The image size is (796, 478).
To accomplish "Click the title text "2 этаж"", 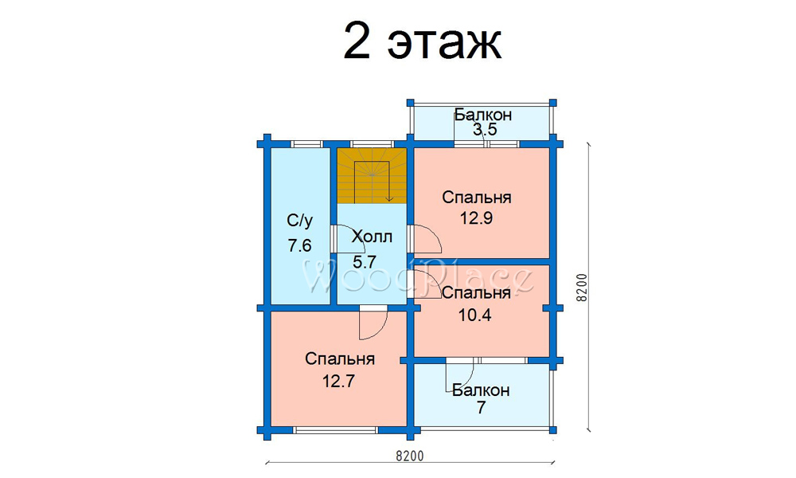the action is pos(423,41).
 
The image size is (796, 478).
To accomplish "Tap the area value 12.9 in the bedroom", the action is pos(477,218).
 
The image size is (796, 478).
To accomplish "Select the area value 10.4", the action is pos(475,315).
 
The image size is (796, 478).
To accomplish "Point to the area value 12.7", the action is pos(339,381).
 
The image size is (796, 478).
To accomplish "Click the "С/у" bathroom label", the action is pos(300,221).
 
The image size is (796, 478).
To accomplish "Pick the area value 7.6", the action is pos(299,246).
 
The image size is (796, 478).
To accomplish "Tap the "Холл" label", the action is pos(372,236).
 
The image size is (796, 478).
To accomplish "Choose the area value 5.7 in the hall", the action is pos(365,262).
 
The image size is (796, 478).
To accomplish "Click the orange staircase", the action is pos(372,176).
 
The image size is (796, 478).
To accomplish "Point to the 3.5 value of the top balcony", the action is pos(485,130).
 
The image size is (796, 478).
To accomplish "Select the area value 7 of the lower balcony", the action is pos(481,407).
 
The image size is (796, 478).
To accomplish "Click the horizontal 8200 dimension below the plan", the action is pos(410,456).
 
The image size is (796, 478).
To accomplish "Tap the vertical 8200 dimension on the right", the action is pos(583,288).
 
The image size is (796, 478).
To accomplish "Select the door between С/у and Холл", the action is pos(334,238).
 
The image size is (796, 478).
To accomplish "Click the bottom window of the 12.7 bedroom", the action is pos(336,430).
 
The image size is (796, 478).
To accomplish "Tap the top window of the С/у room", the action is pos(306,143).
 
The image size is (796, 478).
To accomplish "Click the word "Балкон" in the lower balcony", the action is pos(481,390).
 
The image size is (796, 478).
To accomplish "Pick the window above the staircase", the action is pos(372,143).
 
